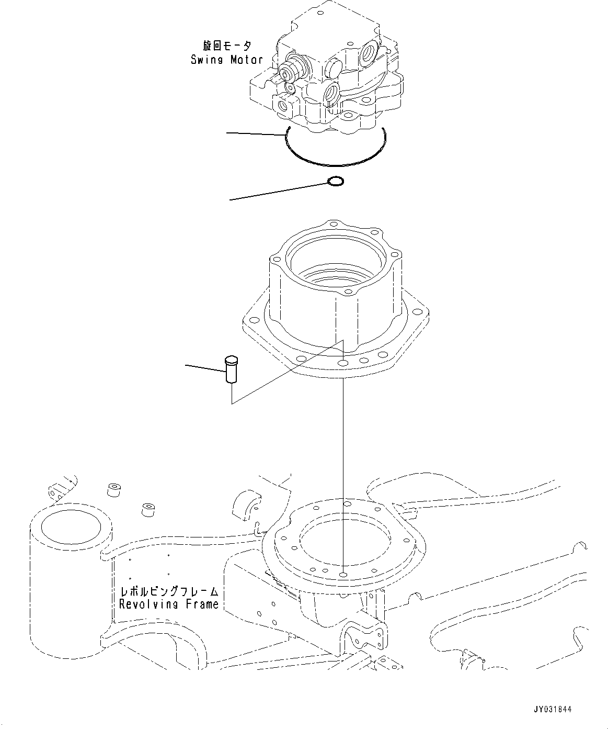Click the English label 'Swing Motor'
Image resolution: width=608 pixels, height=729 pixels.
pyautogui.click(x=226, y=59)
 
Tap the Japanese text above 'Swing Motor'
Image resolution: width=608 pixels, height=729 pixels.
pyautogui.click(x=227, y=47)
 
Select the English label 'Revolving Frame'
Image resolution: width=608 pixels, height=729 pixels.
pyautogui.click(x=168, y=604)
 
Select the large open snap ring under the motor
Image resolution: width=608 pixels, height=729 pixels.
pyautogui.click(x=335, y=161)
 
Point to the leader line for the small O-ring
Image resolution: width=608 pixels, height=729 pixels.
pyautogui.click(x=277, y=192)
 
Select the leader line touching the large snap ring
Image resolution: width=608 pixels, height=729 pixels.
pyautogui.click(x=256, y=134)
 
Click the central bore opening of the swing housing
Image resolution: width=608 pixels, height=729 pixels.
pyautogui.click(x=324, y=262)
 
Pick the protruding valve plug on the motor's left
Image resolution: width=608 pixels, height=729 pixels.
pyautogui.click(x=288, y=69)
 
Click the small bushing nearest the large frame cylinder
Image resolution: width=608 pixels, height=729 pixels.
pyautogui.click(x=114, y=490)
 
